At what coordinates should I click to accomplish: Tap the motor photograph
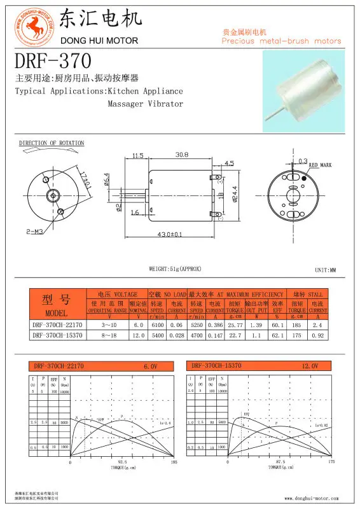[x=303, y=88]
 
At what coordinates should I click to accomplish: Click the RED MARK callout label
[x=321, y=165]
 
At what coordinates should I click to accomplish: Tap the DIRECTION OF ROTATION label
[x=52, y=143]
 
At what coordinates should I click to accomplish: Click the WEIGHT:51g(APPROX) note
[x=175, y=269]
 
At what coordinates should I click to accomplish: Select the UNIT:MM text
[x=325, y=270]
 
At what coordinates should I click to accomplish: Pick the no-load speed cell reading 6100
[x=157, y=324]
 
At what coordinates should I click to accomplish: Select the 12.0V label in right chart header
[x=309, y=366]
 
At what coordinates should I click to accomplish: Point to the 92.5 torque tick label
[x=122, y=463]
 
